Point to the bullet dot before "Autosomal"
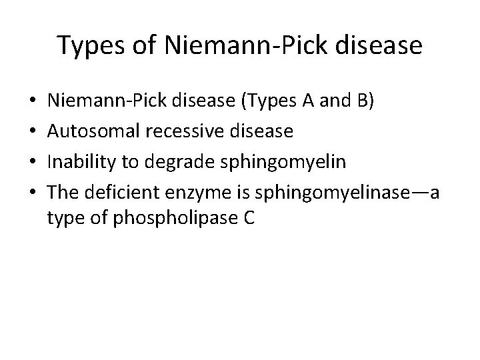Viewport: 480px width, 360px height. [33, 131]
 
